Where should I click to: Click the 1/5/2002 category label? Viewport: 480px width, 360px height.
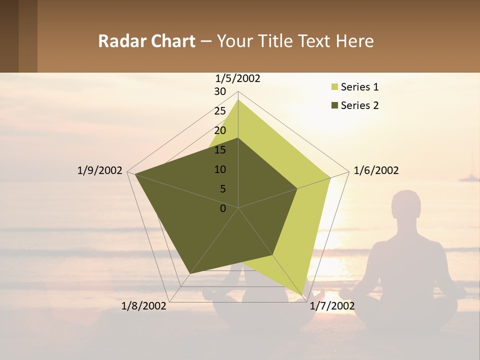pyautogui.click(x=237, y=78)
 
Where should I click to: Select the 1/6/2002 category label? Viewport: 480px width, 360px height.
pyautogui.click(x=376, y=170)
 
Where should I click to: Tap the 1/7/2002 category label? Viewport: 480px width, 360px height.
pyautogui.click(x=332, y=305)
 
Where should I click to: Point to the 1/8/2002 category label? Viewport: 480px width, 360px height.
pyautogui.click(x=144, y=305)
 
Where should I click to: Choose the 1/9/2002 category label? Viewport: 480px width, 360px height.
pyautogui.click(x=99, y=170)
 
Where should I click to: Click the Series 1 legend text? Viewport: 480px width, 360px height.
pyautogui.click(x=359, y=87)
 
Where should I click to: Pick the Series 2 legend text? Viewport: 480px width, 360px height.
pyautogui.click(x=359, y=105)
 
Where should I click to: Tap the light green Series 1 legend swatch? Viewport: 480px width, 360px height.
pyautogui.click(x=334, y=87)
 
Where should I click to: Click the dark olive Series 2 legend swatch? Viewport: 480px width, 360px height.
pyautogui.click(x=334, y=105)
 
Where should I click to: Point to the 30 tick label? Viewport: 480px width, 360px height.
pyautogui.click(x=220, y=91)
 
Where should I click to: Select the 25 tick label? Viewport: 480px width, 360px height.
pyautogui.click(x=220, y=111)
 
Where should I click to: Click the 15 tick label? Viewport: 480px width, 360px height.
pyautogui.click(x=220, y=150)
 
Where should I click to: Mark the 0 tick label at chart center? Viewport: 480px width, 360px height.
pyautogui.click(x=223, y=208)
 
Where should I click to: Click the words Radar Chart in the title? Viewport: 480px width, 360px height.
pyautogui.click(x=146, y=41)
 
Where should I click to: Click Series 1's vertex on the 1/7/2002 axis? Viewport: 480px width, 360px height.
pyautogui.click(x=303, y=295)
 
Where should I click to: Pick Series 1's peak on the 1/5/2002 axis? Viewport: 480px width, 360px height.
pyautogui.click(x=238, y=99)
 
